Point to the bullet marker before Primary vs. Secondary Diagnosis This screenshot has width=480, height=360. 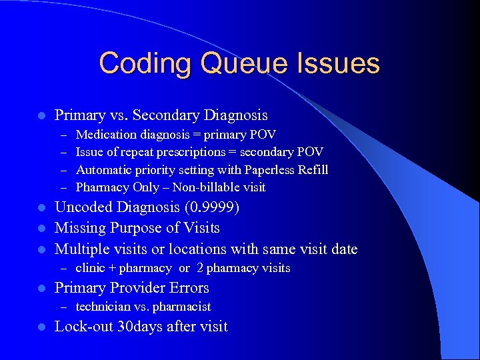(x=41, y=116)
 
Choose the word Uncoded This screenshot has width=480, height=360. (x=83, y=207)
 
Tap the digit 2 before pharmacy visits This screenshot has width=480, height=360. (x=200, y=268)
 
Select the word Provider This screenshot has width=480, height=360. (x=136, y=288)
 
